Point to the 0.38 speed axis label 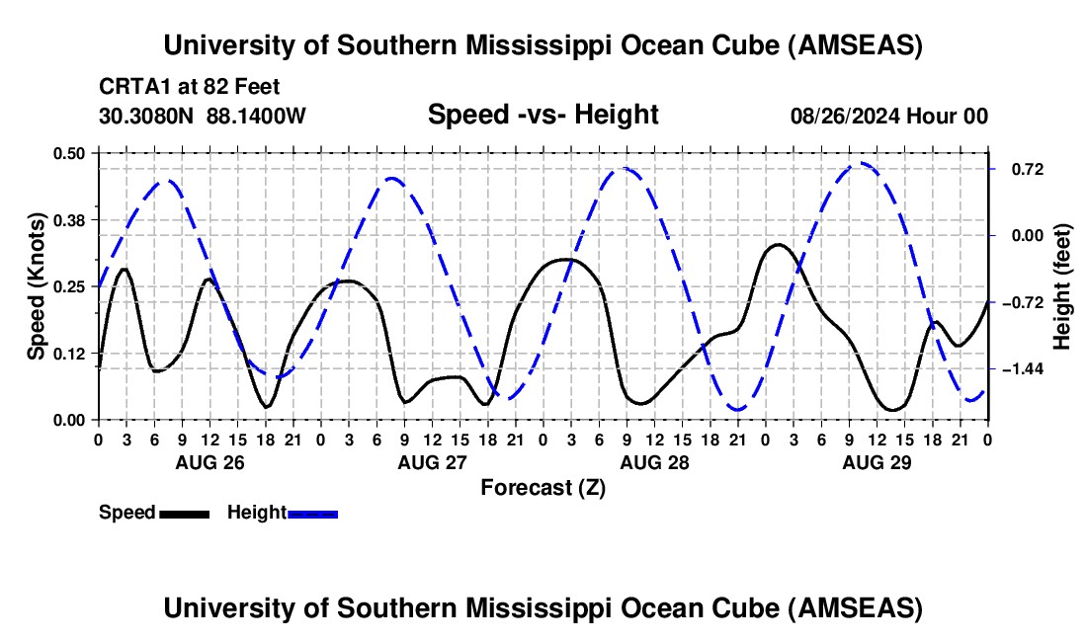point(70,219)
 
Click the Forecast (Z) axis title point(543,487)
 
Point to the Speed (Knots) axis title point(37,286)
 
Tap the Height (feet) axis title point(1062,286)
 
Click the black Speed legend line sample point(184,513)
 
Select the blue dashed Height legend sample point(313,513)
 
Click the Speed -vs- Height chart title point(543,116)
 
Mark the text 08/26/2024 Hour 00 point(888,117)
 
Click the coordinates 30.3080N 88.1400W point(203,116)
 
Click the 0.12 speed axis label point(70,354)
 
